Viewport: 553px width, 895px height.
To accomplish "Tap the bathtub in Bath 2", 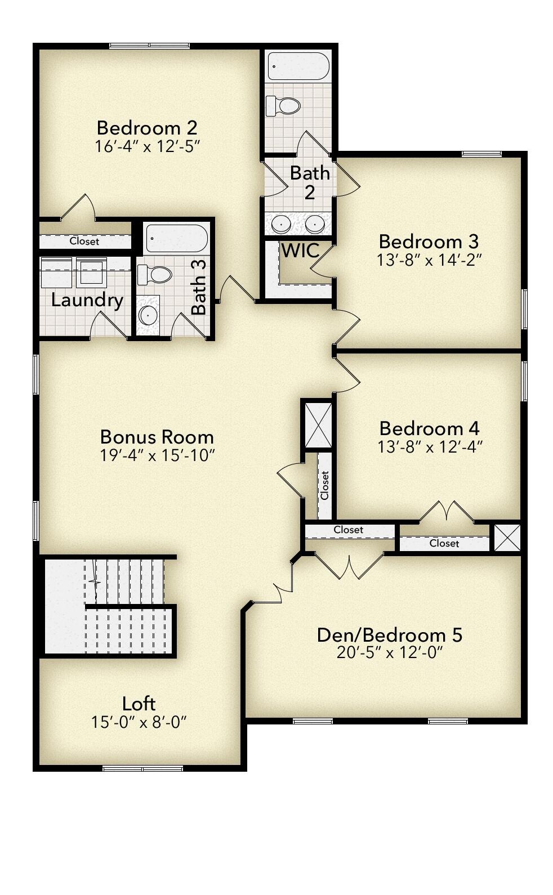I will coord(298,66).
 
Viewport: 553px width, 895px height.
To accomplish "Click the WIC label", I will coord(300,250).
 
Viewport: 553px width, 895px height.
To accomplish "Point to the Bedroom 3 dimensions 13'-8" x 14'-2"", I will coord(429,260).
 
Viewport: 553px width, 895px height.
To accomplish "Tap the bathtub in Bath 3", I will coord(177,238).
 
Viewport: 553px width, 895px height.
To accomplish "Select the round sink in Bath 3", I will coord(148,316).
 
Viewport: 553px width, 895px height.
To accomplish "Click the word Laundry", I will coord(87,300).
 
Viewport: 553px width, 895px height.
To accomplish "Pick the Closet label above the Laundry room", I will coord(84,241).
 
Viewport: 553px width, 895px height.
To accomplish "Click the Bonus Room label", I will coord(157,437).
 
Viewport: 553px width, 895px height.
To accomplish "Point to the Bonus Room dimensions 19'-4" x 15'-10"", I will coord(158,455).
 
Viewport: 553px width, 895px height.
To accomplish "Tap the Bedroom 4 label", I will coord(429,428).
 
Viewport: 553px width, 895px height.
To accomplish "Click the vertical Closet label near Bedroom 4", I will coord(325,485).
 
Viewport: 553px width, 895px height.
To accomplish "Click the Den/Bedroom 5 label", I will coord(390,635).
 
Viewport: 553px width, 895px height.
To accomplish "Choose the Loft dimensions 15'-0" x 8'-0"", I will coord(139,722).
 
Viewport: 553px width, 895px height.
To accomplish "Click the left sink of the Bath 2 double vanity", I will coord(280,224).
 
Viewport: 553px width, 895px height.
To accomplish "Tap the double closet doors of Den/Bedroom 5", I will coord(350,566).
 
